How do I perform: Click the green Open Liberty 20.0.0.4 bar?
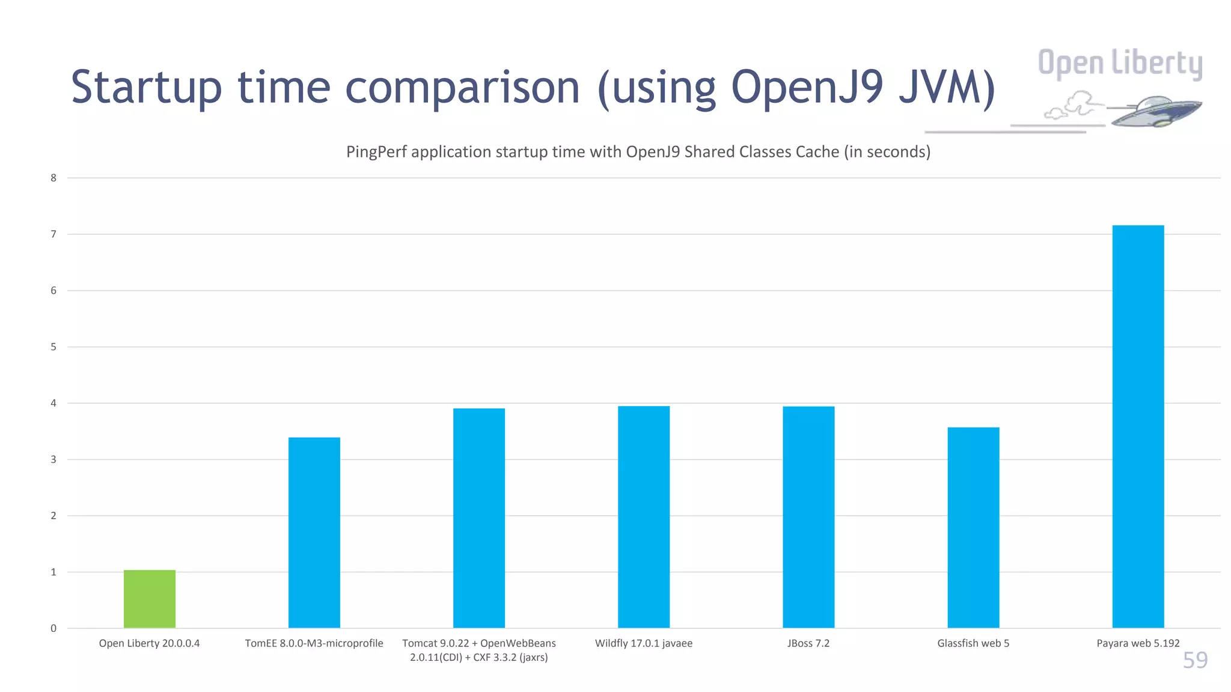click(x=150, y=599)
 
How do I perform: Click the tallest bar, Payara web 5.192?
click(x=1138, y=426)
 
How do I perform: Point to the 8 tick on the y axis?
click(x=53, y=178)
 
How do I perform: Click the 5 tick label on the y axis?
click(x=53, y=347)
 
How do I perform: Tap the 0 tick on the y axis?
click(x=53, y=628)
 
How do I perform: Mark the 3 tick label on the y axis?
click(x=53, y=460)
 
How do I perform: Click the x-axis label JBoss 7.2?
click(x=808, y=643)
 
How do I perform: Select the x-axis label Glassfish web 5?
click(x=973, y=643)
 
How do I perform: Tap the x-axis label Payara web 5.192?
click(x=1138, y=643)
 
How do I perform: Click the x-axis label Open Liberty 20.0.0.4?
click(x=149, y=643)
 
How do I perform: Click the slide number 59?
click(x=1195, y=660)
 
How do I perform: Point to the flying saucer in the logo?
click(x=1154, y=112)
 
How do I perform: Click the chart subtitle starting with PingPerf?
click(x=638, y=152)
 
